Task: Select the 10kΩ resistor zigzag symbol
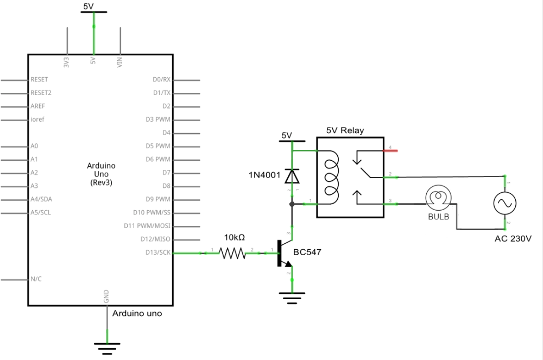coord(232,253)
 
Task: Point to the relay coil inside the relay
coord(331,176)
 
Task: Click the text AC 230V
coord(513,238)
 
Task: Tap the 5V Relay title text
coord(345,130)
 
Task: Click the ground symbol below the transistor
coord(292,297)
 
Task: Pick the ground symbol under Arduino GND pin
coord(107,345)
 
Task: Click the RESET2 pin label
coord(41,93)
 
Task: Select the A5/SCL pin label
coord(41,212)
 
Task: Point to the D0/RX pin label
coord(161,80)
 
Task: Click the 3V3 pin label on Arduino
coord(67,62)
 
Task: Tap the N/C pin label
coord(36,279)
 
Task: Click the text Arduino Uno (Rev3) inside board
coord(101,174)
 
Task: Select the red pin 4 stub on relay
coord(392,150)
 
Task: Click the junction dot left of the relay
coord(292,204)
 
